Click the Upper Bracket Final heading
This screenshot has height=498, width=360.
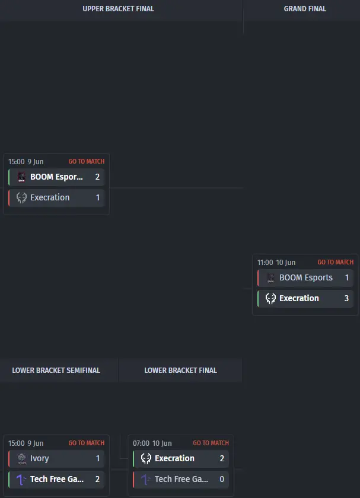click(118, 9)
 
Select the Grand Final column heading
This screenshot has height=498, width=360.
click(305, 9)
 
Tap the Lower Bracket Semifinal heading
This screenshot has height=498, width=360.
click(56, 371)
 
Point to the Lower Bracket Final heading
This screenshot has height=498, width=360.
click(180, 371)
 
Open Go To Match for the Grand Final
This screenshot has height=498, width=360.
click(336, 262)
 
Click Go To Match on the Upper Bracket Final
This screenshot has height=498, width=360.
click(87, 161)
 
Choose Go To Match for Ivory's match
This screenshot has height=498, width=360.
click(87, 443)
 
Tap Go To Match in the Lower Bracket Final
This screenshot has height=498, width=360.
click(211, 443)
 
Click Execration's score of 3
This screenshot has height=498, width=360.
click(346, 298)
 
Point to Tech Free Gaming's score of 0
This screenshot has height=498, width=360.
click(222, 479)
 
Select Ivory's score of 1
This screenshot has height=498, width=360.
click(97, 458)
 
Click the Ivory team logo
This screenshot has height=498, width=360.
click(21, 459)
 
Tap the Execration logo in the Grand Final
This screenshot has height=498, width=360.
click(270, 299)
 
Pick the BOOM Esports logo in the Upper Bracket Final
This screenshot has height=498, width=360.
click(21, 177)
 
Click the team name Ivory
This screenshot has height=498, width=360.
click(39, 459)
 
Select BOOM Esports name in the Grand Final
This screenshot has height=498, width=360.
click(305, 277)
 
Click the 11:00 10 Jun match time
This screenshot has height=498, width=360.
click(276, 263)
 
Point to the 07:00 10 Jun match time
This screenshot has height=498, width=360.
click(152, 443)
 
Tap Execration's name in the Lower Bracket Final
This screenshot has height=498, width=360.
click(174, 458)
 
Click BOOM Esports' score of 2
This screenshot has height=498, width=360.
click(97, 177)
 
